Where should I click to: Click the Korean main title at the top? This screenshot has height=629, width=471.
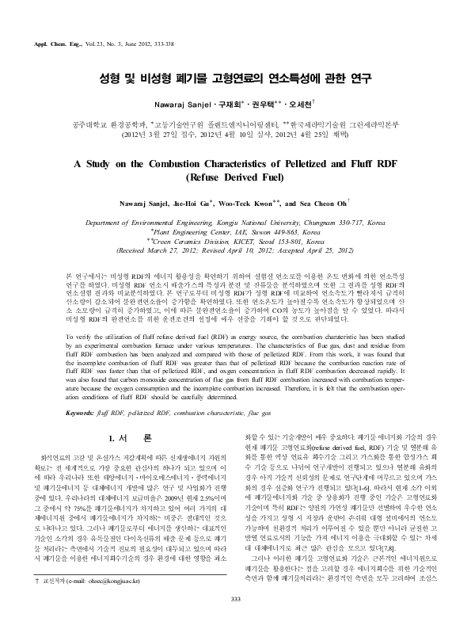tap(235, 81)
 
